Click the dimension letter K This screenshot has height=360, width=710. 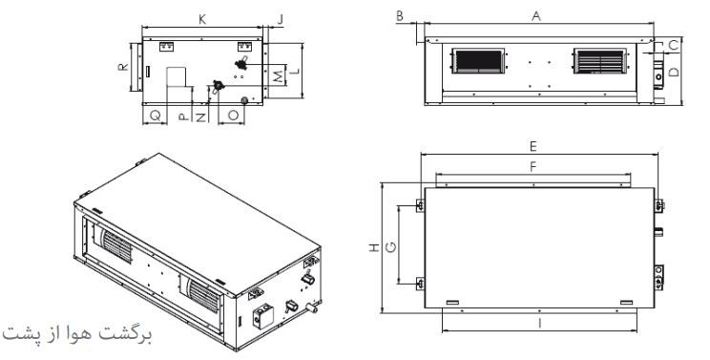[x=202, y=19]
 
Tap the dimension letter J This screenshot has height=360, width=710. [x=281, y=19]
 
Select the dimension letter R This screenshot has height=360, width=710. [x=123, y=67]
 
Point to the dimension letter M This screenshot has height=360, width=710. [x=281, y=76]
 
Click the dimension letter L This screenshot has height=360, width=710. [x=294, y=71]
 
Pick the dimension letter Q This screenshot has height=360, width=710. [x=156, y=116]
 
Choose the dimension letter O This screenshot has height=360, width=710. [x=233, y=115]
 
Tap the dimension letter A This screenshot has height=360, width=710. [x=536, y=16]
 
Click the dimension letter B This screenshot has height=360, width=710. [x=400, y=16]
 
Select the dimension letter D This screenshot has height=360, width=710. [x=675, y=72]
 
